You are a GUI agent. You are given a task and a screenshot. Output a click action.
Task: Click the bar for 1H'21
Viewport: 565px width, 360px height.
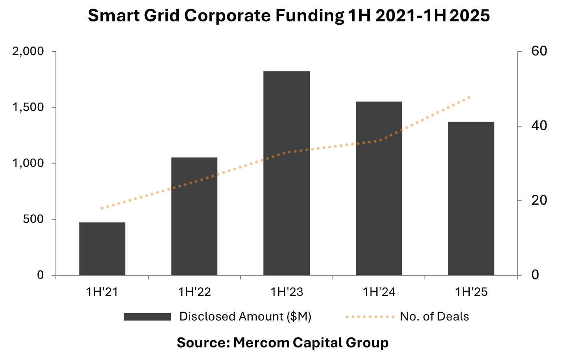point(102,249)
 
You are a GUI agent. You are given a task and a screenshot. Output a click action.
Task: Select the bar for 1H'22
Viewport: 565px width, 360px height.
point(194,216)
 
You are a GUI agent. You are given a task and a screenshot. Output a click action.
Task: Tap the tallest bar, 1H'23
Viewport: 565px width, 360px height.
point(286,173)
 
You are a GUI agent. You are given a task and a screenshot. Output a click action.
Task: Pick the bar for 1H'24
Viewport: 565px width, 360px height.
point(379,188)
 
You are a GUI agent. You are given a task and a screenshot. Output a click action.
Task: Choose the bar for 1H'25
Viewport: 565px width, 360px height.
point(471,198)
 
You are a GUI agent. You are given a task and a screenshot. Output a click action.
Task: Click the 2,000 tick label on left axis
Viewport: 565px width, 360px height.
point(28,51)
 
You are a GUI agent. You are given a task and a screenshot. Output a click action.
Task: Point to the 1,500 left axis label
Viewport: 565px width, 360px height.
point(28,108)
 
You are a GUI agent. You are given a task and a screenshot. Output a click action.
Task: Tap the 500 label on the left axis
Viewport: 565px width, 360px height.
point(33,219)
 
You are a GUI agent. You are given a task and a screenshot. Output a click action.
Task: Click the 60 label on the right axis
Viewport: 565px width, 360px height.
point(539,51)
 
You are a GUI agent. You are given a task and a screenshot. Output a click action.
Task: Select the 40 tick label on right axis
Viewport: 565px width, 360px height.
point(539,126)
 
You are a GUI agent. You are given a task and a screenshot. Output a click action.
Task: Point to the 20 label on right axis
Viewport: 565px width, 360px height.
point(539,200)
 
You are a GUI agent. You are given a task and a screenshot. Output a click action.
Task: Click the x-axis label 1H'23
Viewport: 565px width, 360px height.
point(287,292)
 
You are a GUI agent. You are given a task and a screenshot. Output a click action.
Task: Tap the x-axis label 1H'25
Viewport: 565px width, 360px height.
point(471,292)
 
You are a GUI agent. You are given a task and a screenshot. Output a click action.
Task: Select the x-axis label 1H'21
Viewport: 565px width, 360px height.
point(102,292)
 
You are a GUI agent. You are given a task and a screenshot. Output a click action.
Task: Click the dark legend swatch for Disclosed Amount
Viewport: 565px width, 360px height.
point(147,317)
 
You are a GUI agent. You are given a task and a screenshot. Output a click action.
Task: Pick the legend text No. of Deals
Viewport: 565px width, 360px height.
point(434,316)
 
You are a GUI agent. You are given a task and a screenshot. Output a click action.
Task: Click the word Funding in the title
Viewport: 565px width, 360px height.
point(310,16)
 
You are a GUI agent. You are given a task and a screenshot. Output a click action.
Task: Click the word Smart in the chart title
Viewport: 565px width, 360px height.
point(114,16)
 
